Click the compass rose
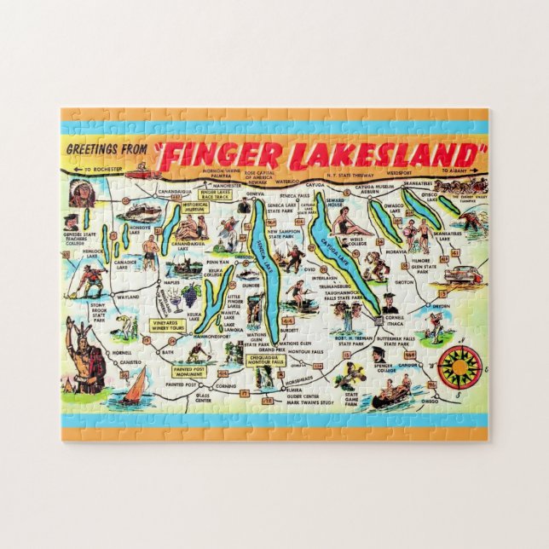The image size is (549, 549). click(x=459, y=367)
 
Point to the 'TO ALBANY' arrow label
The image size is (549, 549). click(x=455, y=170)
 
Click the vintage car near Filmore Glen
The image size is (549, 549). click(x=462, y=274)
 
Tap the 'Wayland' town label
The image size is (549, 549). click(x=128, y=298)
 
